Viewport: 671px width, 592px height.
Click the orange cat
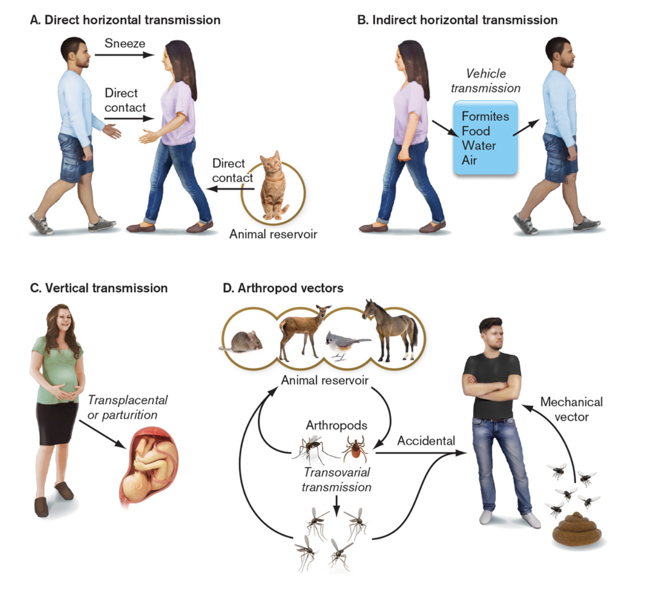[x=274, y=187]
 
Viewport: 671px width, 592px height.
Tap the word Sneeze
[x=125, y=43]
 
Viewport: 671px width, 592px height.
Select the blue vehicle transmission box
[x=485, y=138]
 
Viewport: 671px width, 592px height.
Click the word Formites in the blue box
[x=485, y=116]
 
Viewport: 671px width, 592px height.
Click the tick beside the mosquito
[x=355, y=448]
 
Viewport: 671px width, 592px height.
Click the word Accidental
[x=426, y=441]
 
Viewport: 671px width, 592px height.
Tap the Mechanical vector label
[x=571, y=409]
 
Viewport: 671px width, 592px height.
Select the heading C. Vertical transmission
[x=99, y=288]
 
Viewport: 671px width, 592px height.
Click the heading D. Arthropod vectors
[x=283, y=288]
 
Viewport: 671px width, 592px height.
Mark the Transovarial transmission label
[x=336, y=480]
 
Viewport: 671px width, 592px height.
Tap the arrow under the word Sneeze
[x=124, y=55]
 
